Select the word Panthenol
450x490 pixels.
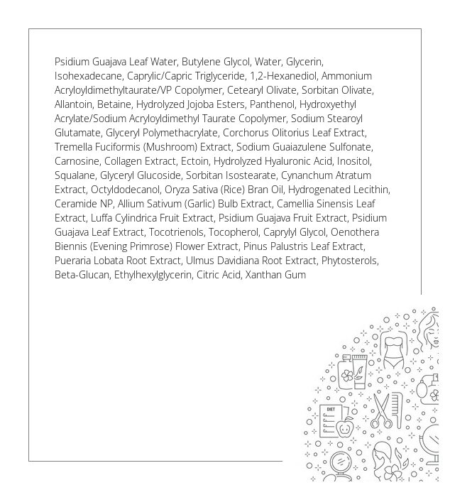click(x=271, y=104)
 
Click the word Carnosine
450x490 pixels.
click(x=76, y=161)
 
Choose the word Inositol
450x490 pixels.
click(x=358, y=161)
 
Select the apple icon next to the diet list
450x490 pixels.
click(x=346, y=428)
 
